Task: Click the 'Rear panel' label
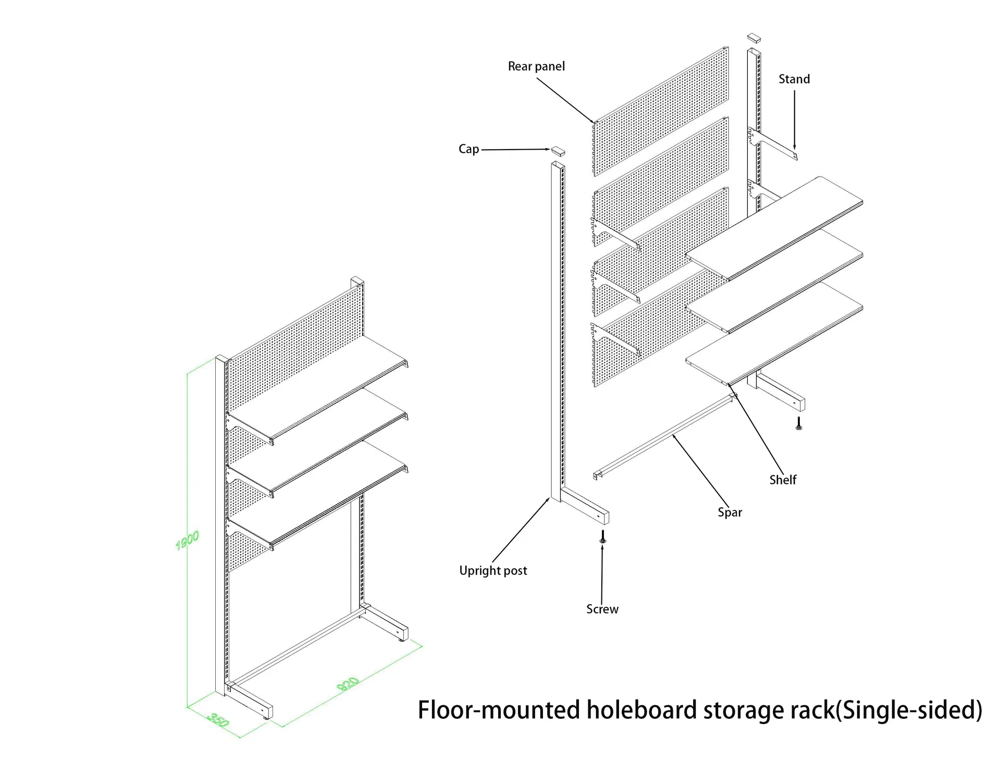[x=536, y=67]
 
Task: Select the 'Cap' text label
[x=468, y=149]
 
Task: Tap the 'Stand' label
[x=794, y=79]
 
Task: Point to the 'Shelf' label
[x=783, y=480]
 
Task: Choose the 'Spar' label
[x=730, y=512]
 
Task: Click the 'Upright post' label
[x=493, y=571]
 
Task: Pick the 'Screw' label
[x=602, y=609]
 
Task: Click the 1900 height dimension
[x=187, y=541]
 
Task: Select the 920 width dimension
[x=348, y=684]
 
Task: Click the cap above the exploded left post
[x=558, y=151]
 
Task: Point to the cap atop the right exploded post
[x=754, y=37]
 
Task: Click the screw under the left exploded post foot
[x=603, y=537]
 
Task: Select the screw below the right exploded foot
[x=798, y=423]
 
